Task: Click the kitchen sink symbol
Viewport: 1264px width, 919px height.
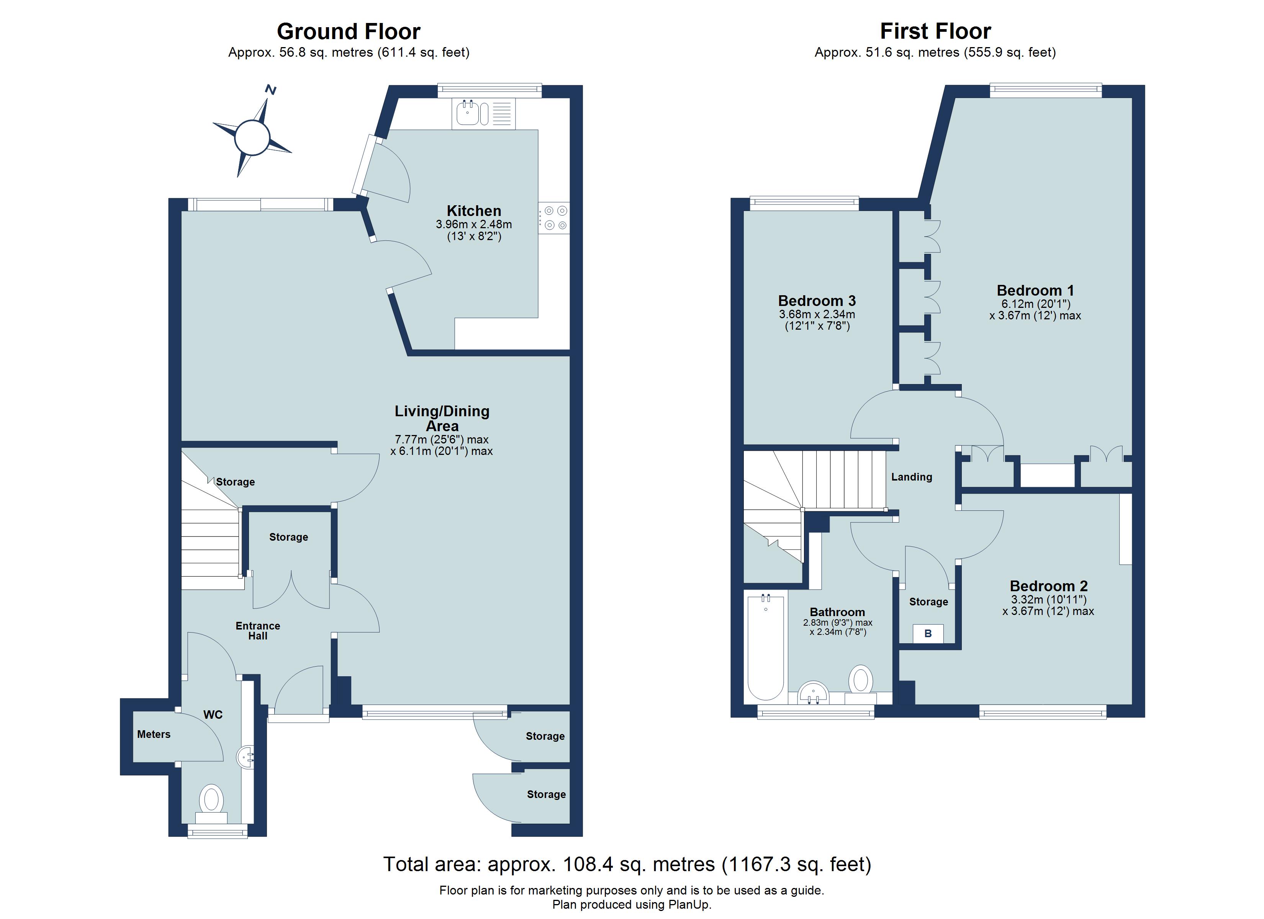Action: point(467,114)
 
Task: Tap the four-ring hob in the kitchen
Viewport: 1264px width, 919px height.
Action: point(555,218)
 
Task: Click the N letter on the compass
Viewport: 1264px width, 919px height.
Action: point(271,89)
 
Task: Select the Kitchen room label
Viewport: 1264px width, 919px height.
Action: point(474,211)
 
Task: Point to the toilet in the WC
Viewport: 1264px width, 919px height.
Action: point(211,800)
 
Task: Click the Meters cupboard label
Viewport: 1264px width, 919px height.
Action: point(154,734)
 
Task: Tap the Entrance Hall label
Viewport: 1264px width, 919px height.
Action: point(257,630)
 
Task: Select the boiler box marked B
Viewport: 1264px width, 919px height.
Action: point(928,634)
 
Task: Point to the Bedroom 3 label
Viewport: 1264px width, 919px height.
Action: point(817,301)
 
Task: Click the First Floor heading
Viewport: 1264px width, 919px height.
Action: point(935,31)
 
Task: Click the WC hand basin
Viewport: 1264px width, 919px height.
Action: point(247,757)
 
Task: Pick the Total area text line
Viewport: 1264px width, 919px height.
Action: point(627,864)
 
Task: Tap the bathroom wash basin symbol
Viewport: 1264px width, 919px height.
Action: point(813,693)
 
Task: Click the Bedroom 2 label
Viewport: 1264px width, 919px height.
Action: point(1048,586)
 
